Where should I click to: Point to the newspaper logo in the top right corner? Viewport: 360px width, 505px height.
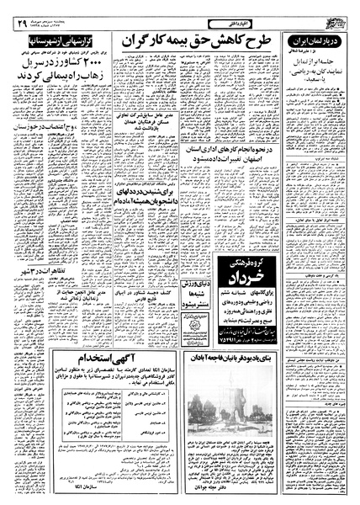click(x=337, y=13)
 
